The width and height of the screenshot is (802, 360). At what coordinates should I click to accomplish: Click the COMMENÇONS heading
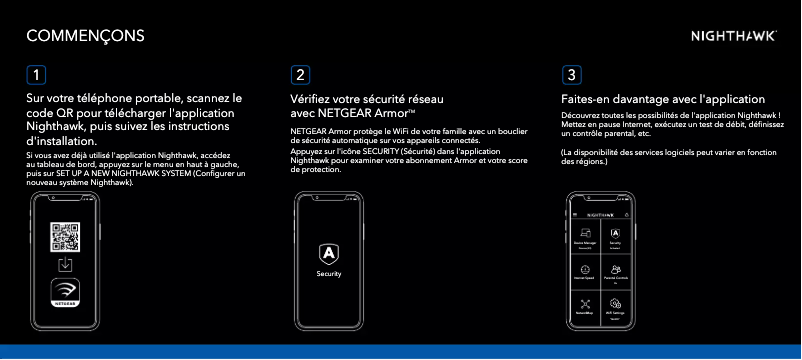[x=85, y=36]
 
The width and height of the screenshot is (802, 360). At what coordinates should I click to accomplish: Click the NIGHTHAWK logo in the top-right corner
[x=734, y=36]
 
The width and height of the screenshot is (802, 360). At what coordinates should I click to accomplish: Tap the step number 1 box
[x=36, y=75]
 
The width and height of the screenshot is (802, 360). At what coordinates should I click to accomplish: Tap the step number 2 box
[x=300, y=75]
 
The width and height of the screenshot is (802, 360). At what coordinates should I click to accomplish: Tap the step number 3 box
[x=571, y=75]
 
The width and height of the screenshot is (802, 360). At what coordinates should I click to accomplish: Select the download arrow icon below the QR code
[x=65, y=265]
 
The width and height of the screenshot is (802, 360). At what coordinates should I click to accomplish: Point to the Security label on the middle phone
[x=329, y=273]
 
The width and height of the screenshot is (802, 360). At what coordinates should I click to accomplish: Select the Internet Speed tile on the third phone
[x=585, y=270]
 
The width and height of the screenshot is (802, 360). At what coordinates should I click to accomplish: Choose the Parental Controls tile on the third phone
[x=615, y=270]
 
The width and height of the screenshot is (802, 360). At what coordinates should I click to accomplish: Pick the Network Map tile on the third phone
[x=585, y=304]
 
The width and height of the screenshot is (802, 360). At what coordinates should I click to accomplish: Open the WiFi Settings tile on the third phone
[x=615, y=304]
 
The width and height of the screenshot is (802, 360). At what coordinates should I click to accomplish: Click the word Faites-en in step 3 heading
[x=589, y=100]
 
